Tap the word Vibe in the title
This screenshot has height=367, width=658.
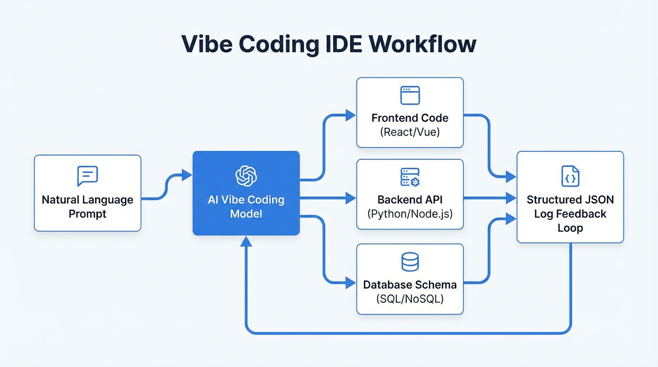pyautogui.click(x=207, y=44)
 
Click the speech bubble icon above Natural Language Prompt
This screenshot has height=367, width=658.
pyautogui.click(x=88, y=176)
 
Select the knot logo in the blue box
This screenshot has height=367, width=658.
pyautogui.click(x=246, y=176)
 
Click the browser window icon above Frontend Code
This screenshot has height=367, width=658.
pyautogui.click(x=410, y=96)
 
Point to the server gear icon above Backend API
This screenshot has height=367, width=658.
pyautogui.click(x=410, y=177)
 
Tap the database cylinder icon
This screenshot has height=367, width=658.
pyautogui.click(x=410, y=261)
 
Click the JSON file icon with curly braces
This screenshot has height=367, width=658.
pyautogui.click(x=570, y=176)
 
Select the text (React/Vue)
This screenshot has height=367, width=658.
pyautogui.click(x=410, y=132)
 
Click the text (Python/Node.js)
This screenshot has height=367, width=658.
pyautogui.click(x=410, y=213)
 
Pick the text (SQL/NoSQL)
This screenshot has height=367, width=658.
pyautogui.click(x=410, y=299)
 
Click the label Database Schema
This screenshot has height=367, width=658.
pyautogui.click(x=410, y=285)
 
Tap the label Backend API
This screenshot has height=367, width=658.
pyautogui.click(x=410, y=199)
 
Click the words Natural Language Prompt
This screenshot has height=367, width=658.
pyautogui.click(x=88, y=206)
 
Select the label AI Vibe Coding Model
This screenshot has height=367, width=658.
pyautogui.click(x=246, y=206)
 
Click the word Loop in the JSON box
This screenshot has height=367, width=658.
pyautogui.click(x=570, y=228)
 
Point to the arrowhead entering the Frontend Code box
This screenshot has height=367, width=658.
pyautogui.click(x=351, y=115)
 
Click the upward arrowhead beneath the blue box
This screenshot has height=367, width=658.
pyautogui.click(x=246, y=241)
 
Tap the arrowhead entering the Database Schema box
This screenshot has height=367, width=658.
pyautogui.click(x=351, y=283)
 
